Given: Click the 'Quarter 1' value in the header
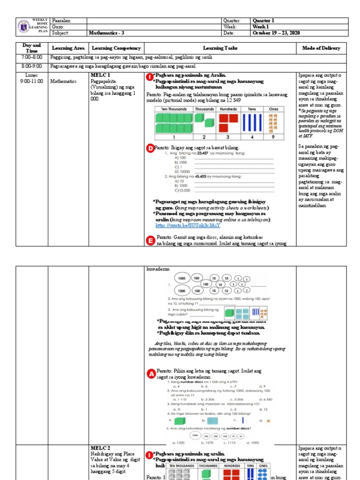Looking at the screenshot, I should click(264, 21).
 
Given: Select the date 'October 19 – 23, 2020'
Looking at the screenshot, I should click(276, 33).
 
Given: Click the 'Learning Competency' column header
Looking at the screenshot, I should click(116, 48).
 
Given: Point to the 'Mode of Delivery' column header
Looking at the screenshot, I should click(322, 48).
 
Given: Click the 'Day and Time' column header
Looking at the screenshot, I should click(32, 48).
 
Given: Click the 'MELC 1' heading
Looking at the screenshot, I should click(100, 75).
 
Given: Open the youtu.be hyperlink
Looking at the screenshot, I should click(181, 225).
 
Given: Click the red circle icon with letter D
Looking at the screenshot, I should click(150, 149).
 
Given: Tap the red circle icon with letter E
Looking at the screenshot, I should click(150, 240).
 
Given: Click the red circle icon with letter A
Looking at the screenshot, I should click(151, 374).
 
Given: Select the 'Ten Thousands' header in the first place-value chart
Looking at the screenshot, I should click(174, 109).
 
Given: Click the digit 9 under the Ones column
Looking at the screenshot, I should click(273, 137).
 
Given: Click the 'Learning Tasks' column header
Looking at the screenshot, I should click(220, 48).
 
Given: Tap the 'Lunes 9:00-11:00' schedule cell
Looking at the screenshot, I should click(32, 78).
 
